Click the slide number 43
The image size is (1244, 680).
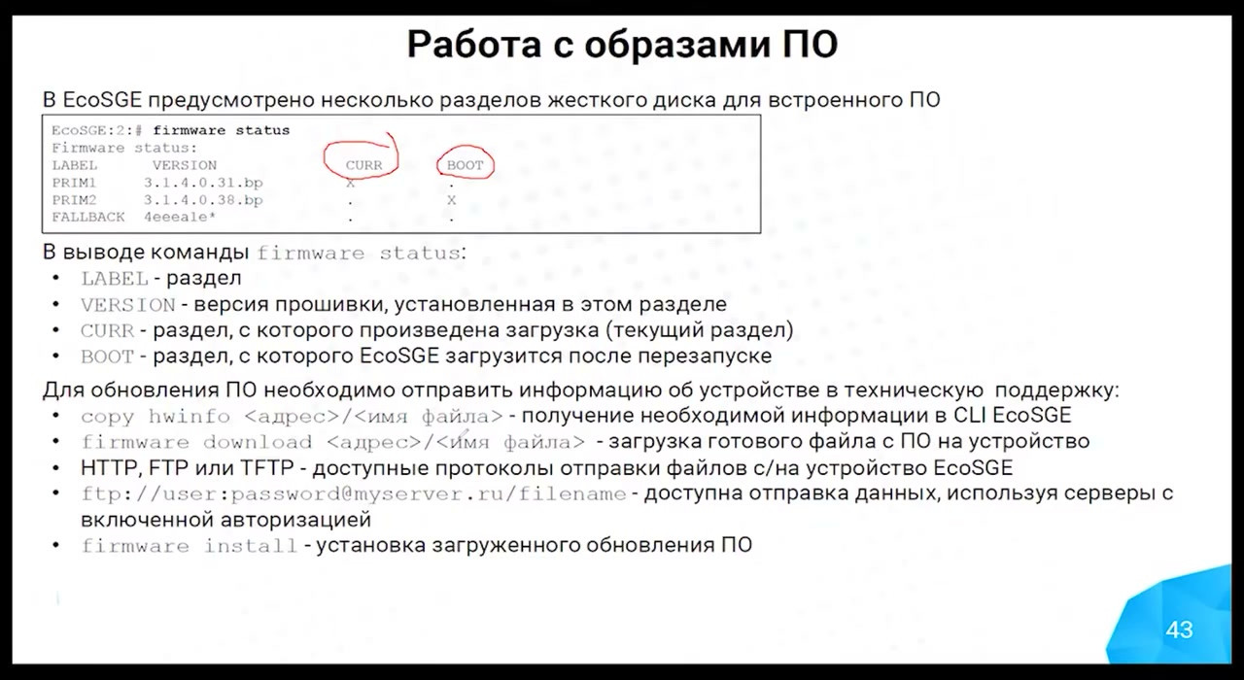1179,630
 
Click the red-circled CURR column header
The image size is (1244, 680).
363,165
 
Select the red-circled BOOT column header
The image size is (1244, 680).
465,165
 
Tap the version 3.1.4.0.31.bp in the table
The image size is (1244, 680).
203,183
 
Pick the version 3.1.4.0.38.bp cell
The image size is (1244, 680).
203,200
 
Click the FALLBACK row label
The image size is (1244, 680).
88,217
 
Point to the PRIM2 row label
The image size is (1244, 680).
74,200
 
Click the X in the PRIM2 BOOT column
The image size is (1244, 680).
452,200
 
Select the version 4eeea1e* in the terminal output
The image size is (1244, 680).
180,217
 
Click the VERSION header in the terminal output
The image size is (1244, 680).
185,165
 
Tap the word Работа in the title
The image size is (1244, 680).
473,45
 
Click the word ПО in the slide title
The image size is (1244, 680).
811,45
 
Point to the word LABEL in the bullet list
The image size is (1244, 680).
115,279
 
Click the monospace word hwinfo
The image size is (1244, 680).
190,417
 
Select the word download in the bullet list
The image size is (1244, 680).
258,442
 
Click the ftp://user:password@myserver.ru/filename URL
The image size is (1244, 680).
354,494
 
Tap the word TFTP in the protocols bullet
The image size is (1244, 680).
266,468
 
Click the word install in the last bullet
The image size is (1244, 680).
251,546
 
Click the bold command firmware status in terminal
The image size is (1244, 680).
221,130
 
